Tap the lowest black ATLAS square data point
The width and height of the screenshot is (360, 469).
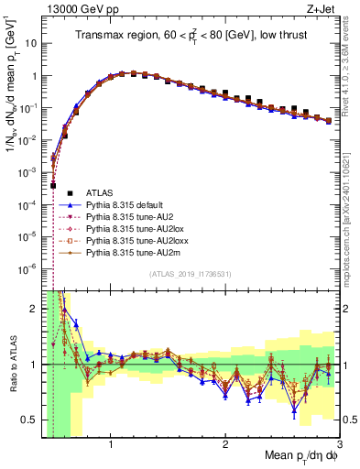pyautogui.click(x=53, y=185)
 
